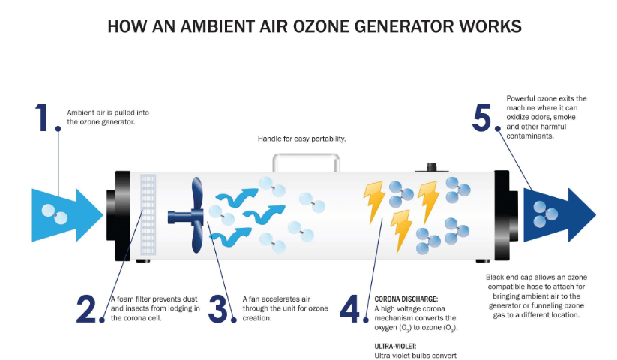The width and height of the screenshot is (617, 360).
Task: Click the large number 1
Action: [43, 118]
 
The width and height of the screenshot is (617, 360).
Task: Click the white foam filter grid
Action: [147, 215]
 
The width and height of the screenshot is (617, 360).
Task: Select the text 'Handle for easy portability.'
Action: [302, 139]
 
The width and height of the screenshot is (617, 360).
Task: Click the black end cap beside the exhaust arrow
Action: [508, 215]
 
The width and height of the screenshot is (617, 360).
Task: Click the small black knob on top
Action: [431, 166]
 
